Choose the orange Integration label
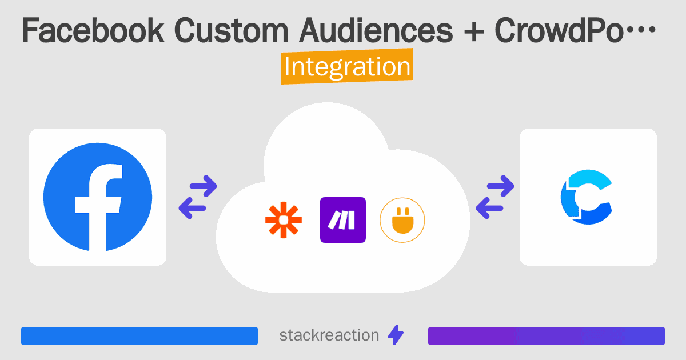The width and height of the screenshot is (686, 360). point(347,67)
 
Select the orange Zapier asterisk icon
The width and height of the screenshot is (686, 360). point(283,220)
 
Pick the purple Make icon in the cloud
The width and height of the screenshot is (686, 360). point(343,220)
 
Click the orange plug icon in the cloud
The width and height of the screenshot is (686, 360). point(402,220)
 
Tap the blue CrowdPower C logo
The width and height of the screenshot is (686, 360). point(587,197)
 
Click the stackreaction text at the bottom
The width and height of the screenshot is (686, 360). point(329,335)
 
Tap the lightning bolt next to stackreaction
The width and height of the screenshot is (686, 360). point(395,335)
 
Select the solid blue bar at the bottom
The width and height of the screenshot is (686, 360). point(139,336)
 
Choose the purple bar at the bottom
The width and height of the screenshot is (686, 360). point(546,336)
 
